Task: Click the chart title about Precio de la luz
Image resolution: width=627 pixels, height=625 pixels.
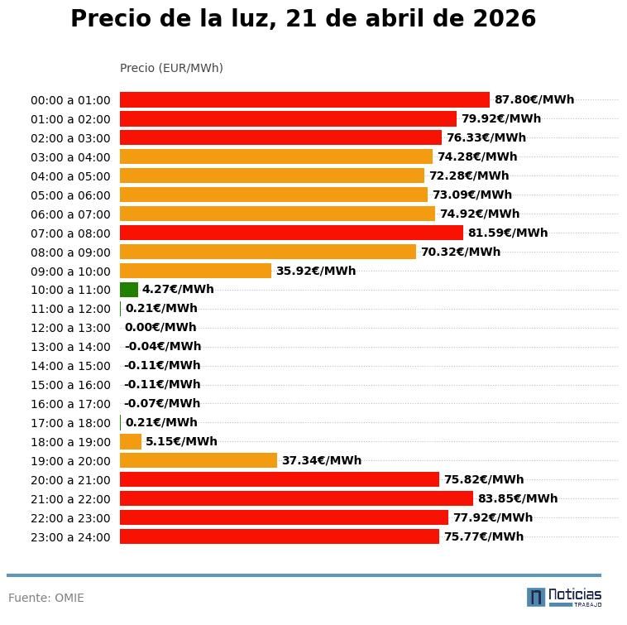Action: (303, 19)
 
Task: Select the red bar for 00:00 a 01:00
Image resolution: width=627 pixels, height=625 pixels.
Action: (304, 99)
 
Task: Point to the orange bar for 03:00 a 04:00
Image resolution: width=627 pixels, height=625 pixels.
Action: (276, 156)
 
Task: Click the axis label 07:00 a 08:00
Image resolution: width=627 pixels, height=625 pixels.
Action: (70, 233)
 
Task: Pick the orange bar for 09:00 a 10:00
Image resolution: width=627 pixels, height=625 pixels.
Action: (195, 271)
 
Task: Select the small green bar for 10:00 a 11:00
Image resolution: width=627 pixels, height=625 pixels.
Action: (129, 290)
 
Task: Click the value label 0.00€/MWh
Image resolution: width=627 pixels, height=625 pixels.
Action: (160, 327)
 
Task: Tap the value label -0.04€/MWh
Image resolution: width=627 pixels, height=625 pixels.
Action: (163, 346)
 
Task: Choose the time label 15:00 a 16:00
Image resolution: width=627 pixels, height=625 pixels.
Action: (70, 385)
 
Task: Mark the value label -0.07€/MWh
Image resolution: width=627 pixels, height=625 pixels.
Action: (162, 403)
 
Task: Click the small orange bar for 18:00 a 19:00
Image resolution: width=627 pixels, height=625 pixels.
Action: (131, 441)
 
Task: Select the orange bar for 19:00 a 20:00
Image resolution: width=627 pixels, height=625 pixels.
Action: (199, 460)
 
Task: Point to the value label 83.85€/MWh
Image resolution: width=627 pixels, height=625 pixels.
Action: (518, 498)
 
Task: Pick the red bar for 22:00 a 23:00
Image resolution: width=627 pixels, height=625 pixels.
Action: (284, 517)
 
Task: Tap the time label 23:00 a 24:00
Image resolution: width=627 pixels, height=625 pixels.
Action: (70, 537)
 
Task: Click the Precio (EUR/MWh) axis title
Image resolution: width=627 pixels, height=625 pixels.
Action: (171, 68)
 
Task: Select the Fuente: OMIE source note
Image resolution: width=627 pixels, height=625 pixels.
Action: (46, 598)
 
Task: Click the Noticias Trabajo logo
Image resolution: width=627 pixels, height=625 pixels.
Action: (564, 597)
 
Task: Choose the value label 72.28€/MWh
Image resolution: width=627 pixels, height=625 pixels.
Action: (469, 175)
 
